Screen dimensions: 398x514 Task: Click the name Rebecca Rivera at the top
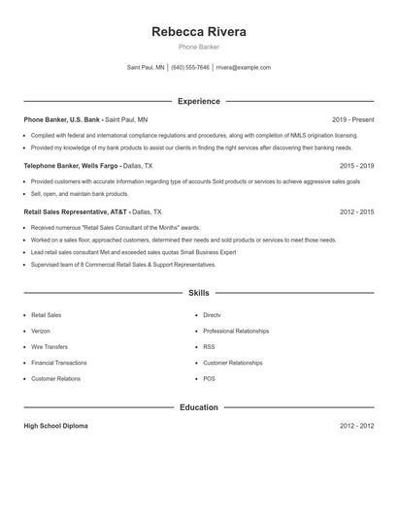click(x=199, y=32)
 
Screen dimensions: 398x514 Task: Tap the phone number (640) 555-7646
click(x=190, y=68)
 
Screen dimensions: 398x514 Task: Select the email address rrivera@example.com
click(x=243, y=68)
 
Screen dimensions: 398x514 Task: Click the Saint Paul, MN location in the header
click(x=146, y=68)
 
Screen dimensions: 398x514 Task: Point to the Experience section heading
click(x=199, y=101)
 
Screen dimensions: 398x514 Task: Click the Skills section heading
click(x=199, y=292)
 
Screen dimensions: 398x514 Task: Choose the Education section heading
click(x=199, y=407)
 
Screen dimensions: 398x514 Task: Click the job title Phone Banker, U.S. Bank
click(x=62, y=119)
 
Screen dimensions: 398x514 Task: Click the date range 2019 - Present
click(x=352, y=119)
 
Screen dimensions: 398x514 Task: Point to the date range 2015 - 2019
click(x=356, y=166)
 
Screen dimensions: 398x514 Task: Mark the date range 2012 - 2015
click(x=356, y=211)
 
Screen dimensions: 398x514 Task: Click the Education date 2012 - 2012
click(x=356, y=426)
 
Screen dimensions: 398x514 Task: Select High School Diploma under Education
click(x=56, y=426)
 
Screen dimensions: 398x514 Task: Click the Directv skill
click(x=212, y=315)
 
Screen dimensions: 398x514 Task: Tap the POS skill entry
click(x=209, y=378)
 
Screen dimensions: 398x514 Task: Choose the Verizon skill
click(x=42, y=331)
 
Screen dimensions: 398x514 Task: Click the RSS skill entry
click(x=209, y=346)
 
